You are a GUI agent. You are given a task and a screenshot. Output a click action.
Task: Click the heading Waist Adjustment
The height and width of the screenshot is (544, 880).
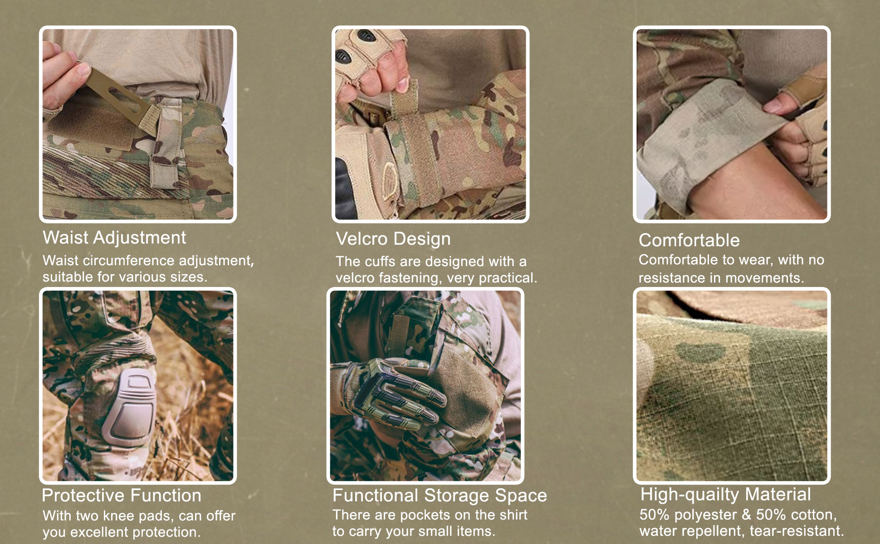pos(114,238)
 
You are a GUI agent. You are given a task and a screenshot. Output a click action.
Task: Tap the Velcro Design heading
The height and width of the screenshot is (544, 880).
pos(393,239)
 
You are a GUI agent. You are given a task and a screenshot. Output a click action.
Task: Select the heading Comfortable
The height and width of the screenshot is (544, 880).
pos(689,240)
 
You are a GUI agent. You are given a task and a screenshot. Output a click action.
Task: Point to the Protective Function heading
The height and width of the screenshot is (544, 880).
pos(122,495)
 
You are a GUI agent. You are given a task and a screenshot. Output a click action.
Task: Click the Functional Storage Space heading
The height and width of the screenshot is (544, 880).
pos(440,495)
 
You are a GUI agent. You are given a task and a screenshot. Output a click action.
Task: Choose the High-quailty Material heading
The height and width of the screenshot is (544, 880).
pos(725,495)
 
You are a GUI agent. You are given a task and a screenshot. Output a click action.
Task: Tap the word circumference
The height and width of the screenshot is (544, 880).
pos(129,261)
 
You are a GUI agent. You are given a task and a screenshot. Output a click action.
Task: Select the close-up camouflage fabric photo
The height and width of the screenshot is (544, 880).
pos(732,386)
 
